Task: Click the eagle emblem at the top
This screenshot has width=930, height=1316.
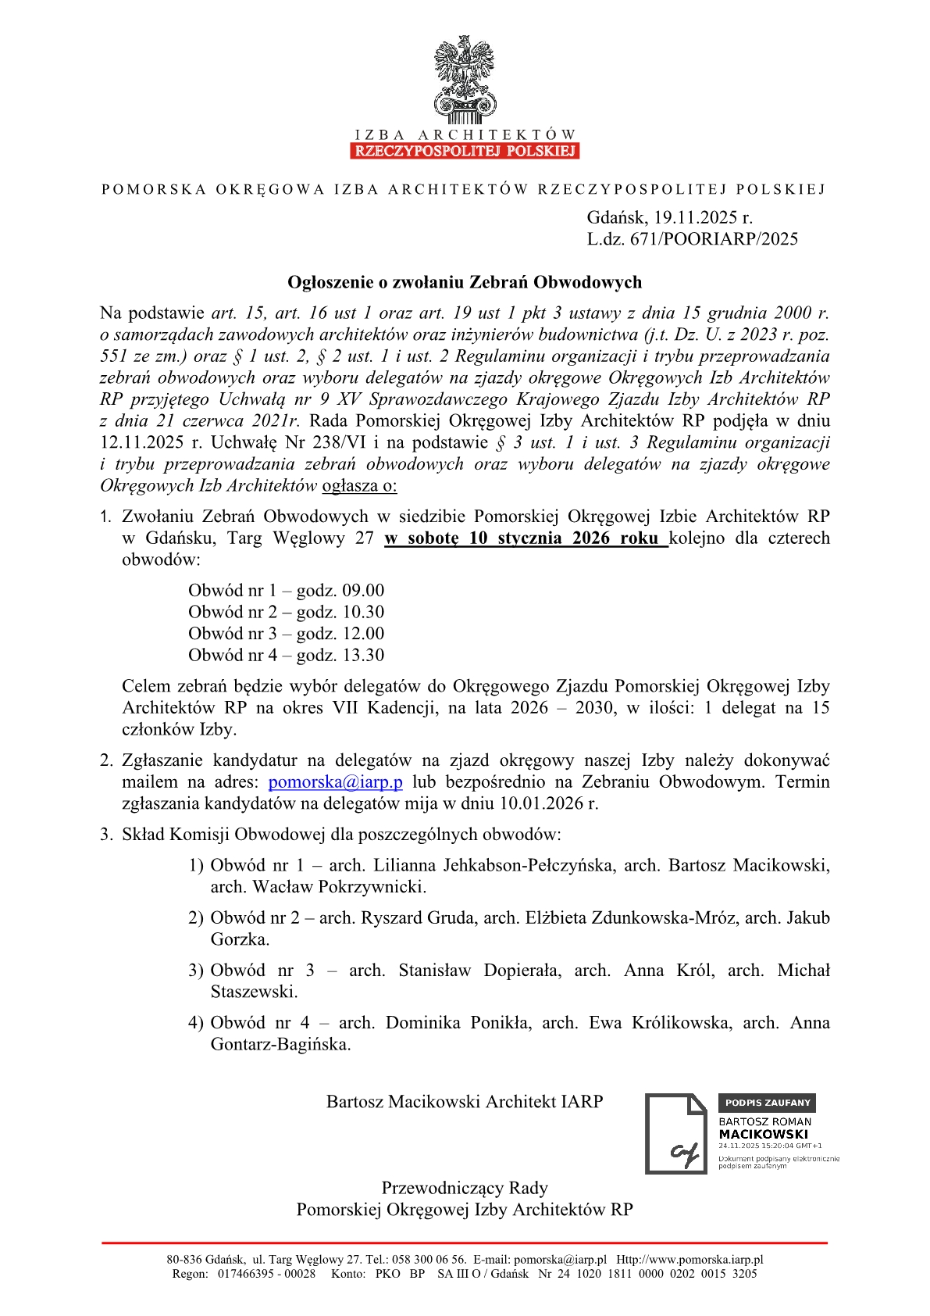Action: [465, 78]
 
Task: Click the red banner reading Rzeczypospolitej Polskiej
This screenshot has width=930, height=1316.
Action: [465, 151]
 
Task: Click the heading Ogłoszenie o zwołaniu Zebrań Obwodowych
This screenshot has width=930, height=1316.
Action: [465, 282]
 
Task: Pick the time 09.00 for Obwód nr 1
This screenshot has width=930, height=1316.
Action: [364, 591]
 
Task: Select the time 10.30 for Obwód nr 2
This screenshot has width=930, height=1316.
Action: [364, 612]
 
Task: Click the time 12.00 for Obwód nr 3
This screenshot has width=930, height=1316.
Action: [364, 634]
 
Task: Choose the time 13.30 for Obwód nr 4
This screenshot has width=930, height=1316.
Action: [364, 655]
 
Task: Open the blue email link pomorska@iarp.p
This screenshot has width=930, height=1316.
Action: [336, 782]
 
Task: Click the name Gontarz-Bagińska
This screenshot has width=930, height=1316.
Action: [280, 1044]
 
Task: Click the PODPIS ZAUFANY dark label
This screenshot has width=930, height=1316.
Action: [767, 1103]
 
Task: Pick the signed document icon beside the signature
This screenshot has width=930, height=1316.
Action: [675, 1133]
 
